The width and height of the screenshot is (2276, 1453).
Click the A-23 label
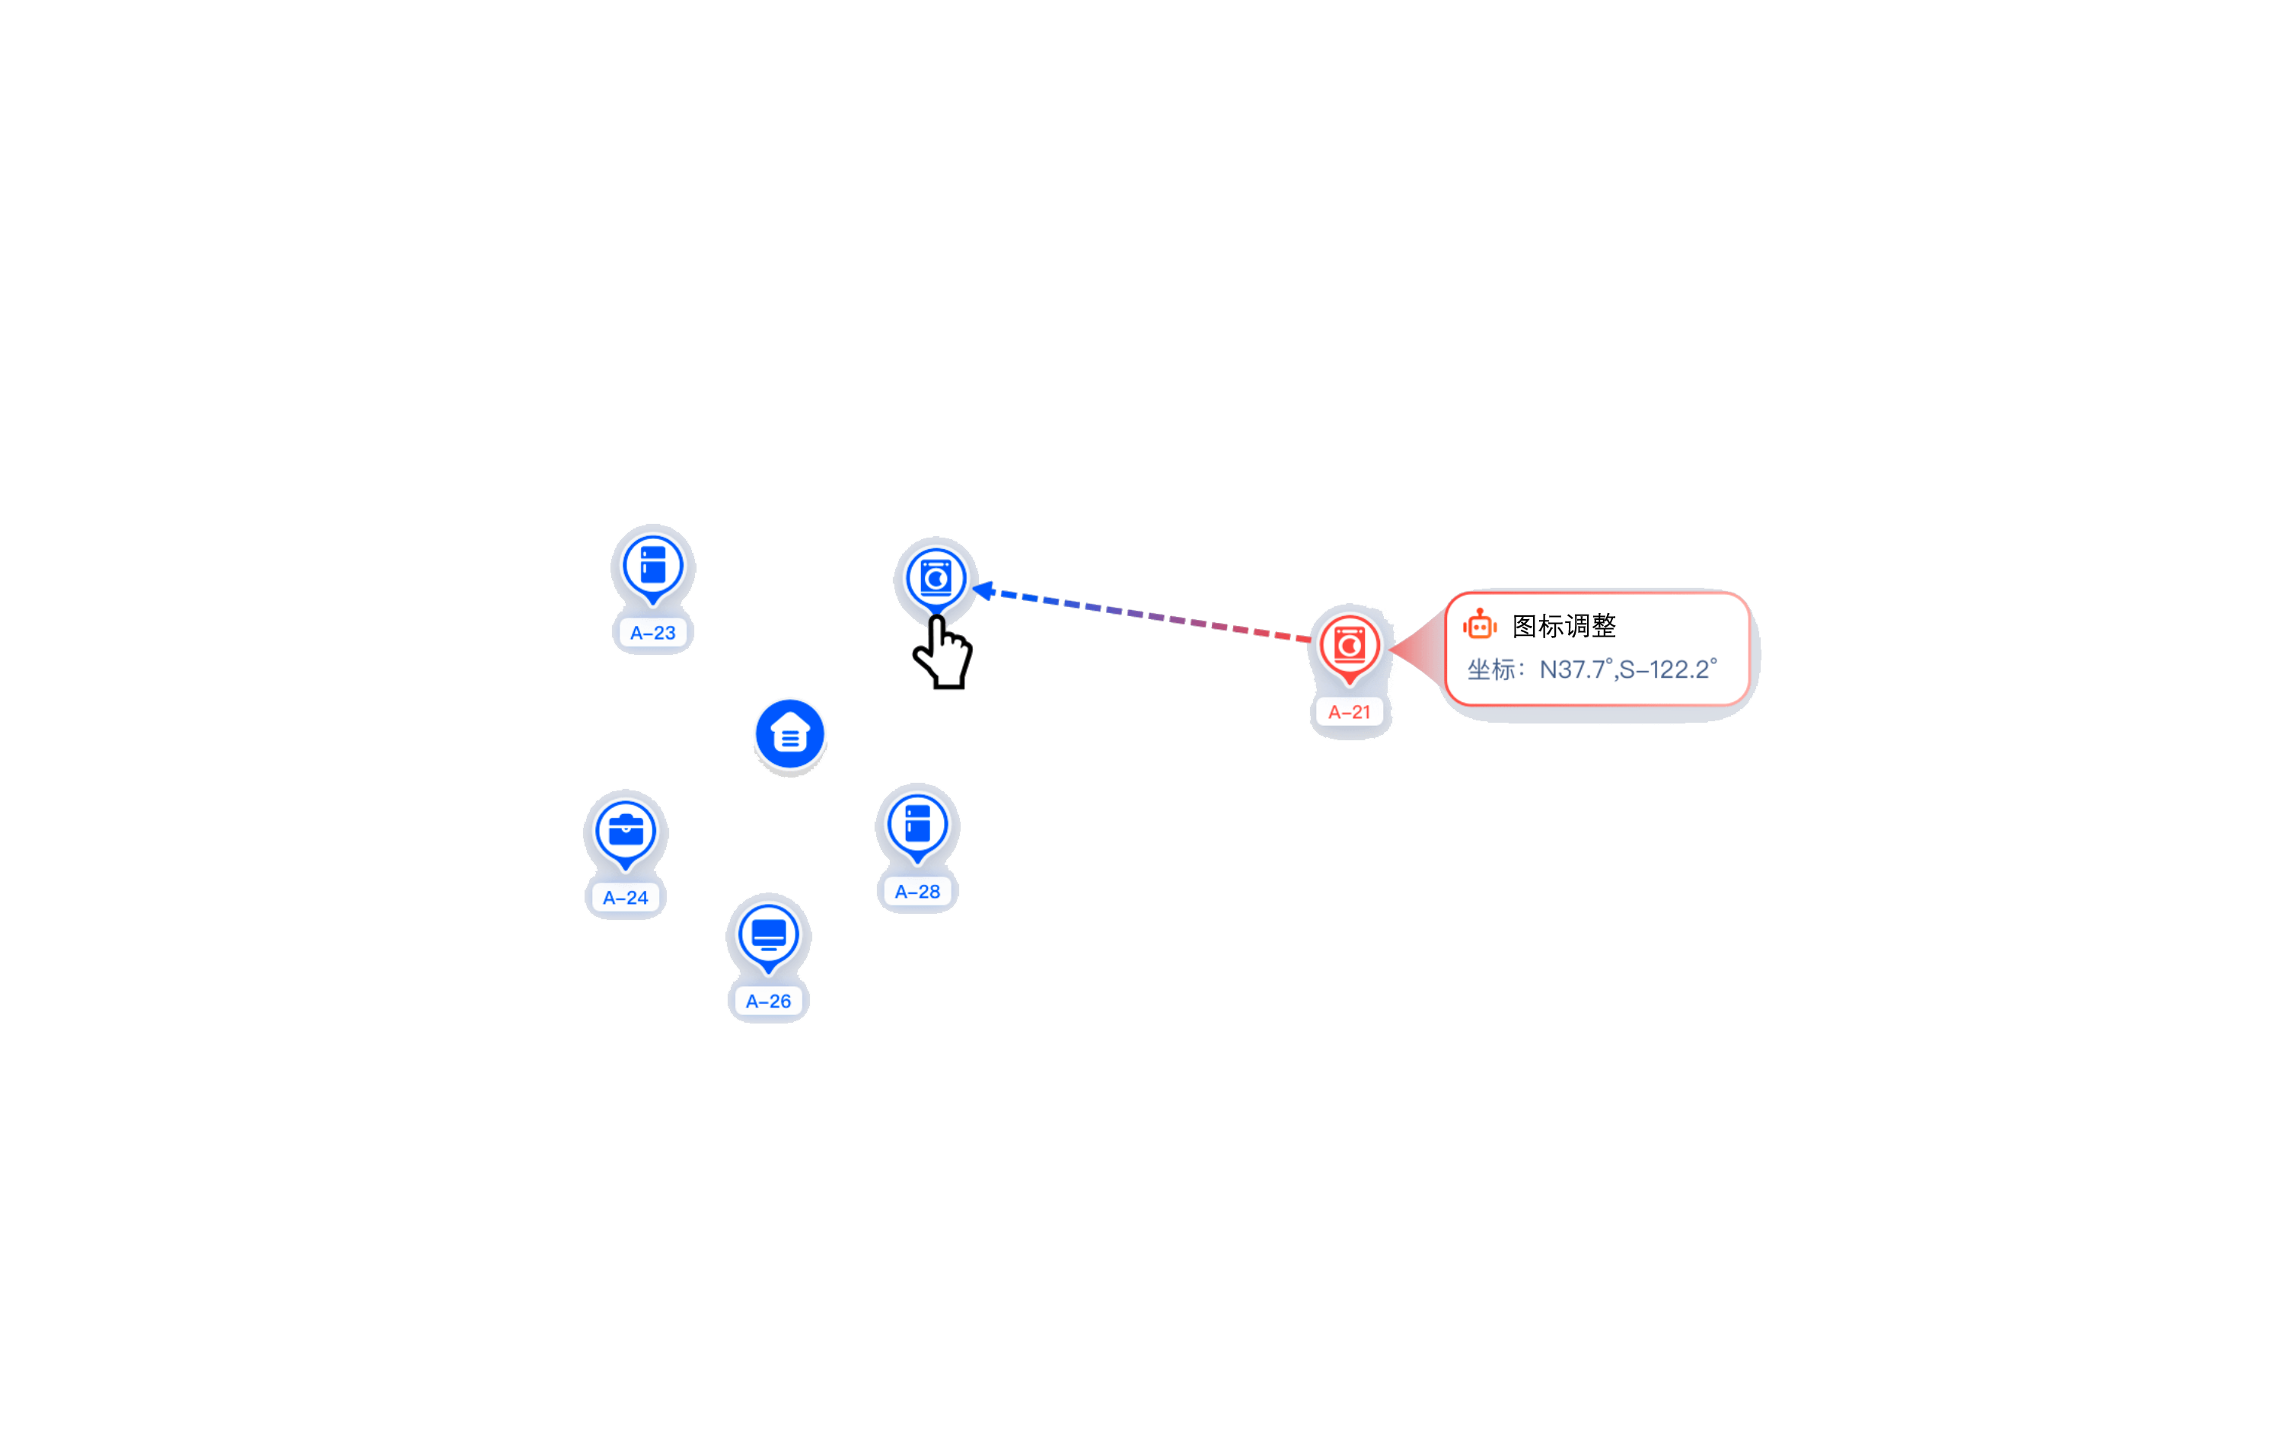pos(652,632)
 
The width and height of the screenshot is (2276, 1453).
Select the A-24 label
pos(625,897)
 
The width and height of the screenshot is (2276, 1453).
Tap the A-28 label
pos(916,892)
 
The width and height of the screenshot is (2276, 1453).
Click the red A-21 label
pos(1349,712)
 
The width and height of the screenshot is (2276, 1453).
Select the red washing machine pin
pos(1349,645)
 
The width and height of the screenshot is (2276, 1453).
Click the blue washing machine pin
pos(936,576)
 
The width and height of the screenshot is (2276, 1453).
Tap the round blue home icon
pos(789,733)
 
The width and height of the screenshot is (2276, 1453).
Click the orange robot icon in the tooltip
pos(1479,625)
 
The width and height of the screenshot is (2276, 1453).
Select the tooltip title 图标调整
pos(1564,626)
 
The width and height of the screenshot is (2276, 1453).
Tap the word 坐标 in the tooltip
pos(1490,669)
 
